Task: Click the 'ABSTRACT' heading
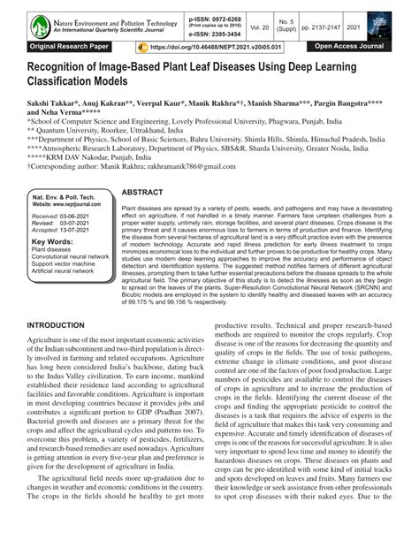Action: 142,193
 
